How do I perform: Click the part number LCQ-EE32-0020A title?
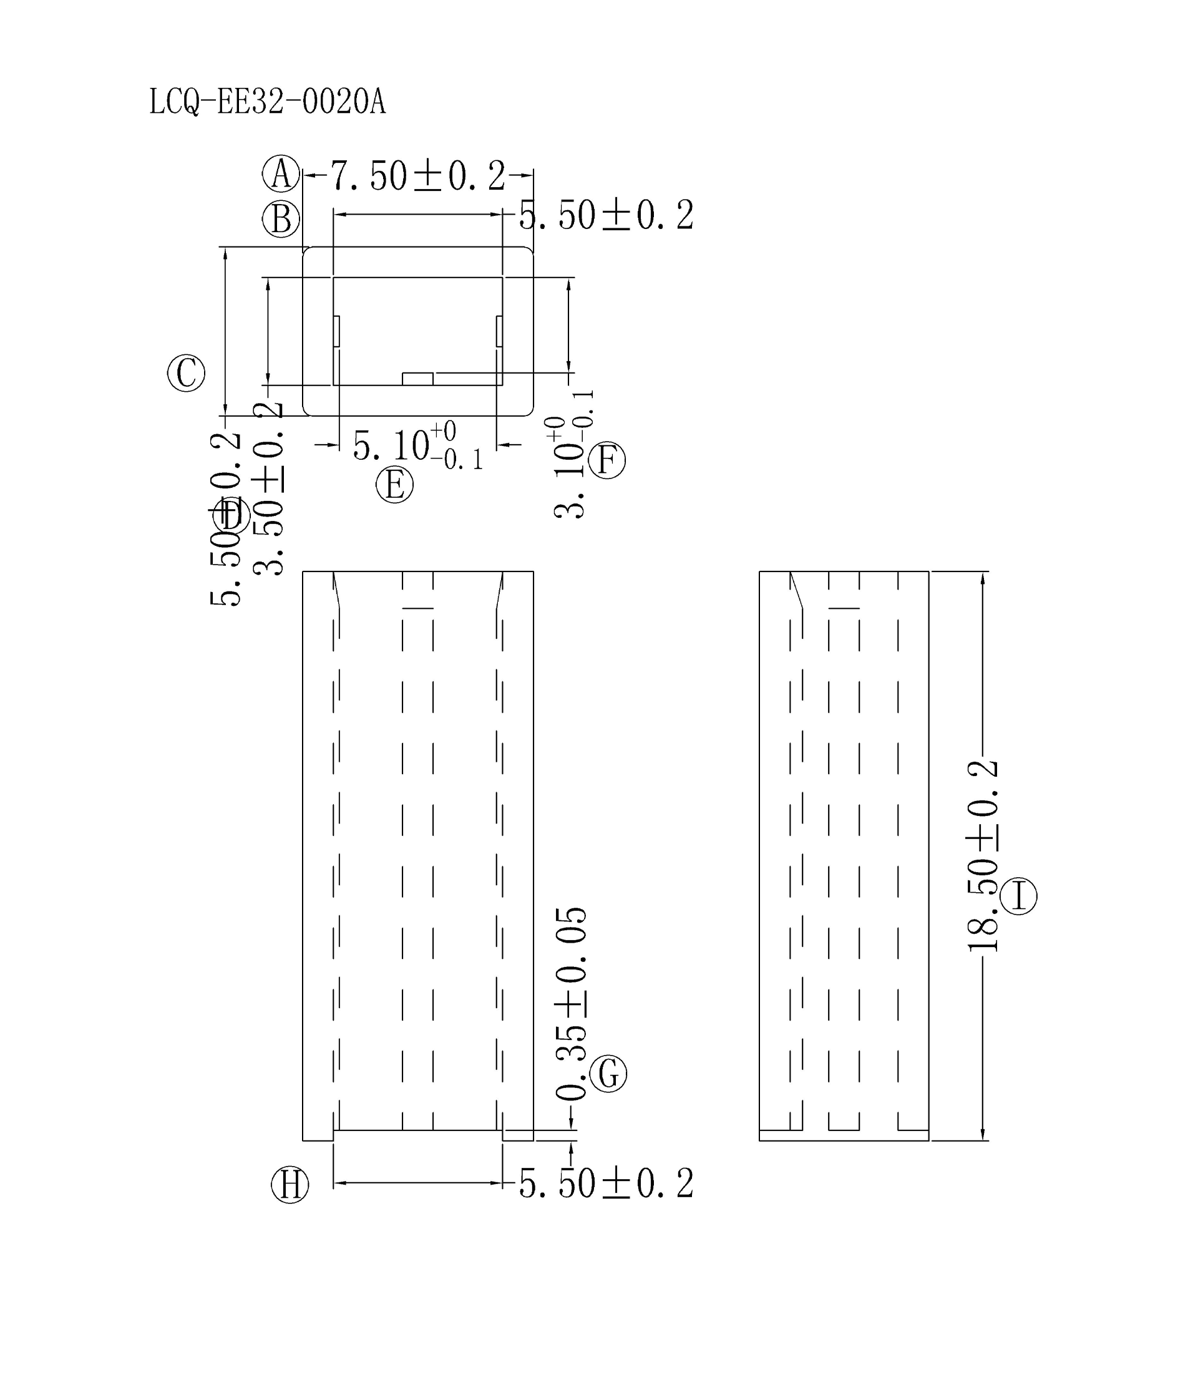coord(268,102)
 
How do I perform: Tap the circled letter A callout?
coord(281,174)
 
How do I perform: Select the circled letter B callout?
coord(281,219)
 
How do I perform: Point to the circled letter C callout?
coord(186,373)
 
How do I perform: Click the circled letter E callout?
coord(394,485)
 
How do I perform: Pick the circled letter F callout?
coord(607,460)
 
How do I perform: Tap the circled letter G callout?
coord(608,1074)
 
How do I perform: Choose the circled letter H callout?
coord(290,1185)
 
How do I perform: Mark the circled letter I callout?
coord(1019,896)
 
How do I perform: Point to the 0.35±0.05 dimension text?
coord(572,1003)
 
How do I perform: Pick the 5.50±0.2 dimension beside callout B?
coord(606,216)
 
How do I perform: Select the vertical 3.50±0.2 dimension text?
coord(269,488)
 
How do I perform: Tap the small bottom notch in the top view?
coord(417,379)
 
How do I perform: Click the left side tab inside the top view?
coord(337,331)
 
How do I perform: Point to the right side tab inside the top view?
coord(499,331)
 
